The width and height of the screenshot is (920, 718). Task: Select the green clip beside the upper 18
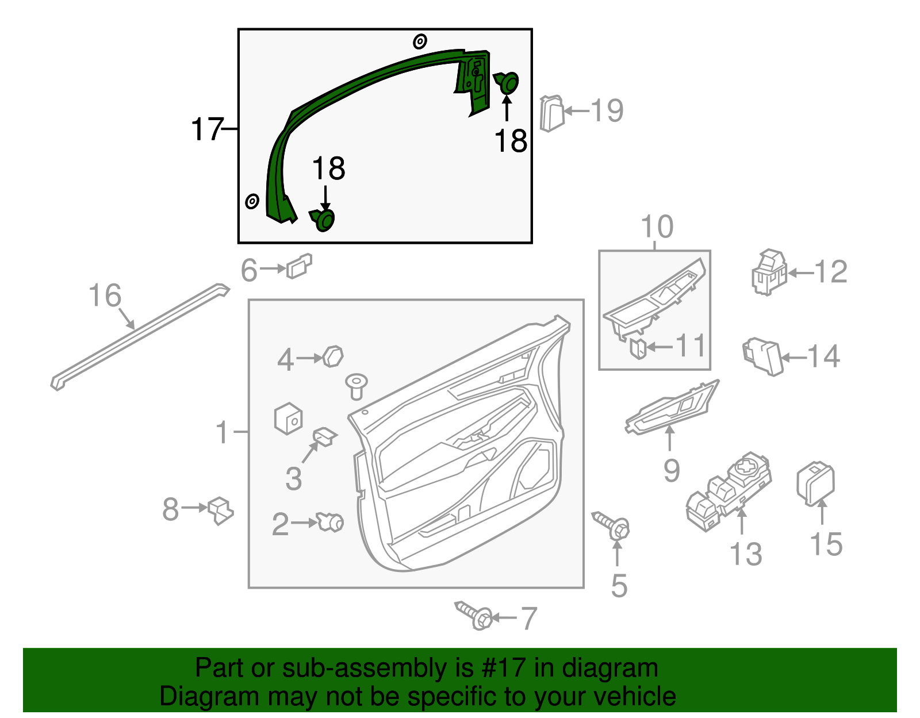[x=507, y=83]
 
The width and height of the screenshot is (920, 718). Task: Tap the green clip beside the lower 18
[x=323, y=220]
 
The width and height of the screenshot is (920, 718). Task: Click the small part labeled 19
[x=551, y=113]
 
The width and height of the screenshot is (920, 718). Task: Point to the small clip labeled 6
[x=299, y=266]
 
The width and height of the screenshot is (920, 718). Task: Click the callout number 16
[x=105, y=295]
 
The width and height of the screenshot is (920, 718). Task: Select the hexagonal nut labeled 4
[x=333, y=356]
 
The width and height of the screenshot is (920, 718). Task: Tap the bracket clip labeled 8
[x=221, y=510]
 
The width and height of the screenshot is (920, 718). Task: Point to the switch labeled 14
[x=763, y=356]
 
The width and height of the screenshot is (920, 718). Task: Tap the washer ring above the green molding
[x=420, y=41]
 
